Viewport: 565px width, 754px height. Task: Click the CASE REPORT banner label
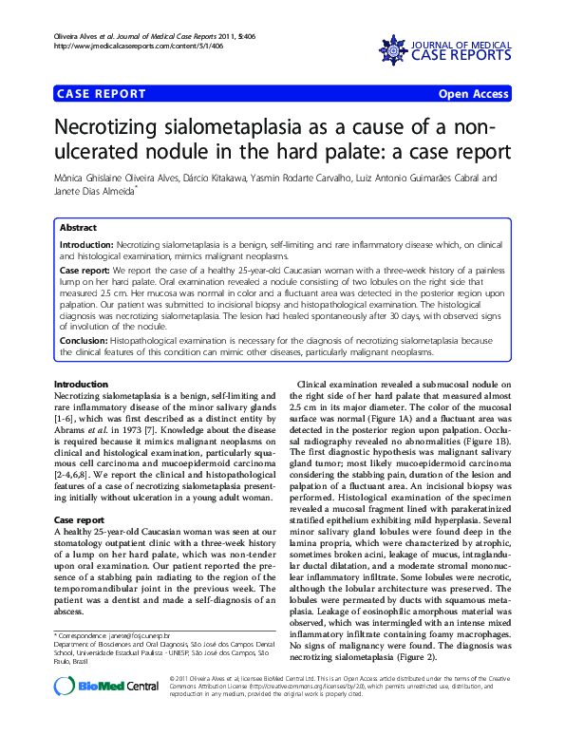tap(102, 94)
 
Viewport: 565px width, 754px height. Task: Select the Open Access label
tap(472, 94)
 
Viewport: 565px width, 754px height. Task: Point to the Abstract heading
tap(78, 229)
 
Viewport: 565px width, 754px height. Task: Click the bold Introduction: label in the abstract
tap(86, 245)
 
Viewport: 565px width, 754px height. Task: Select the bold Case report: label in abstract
tap(85, 271)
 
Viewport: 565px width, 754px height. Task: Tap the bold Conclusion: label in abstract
tap(84, 339)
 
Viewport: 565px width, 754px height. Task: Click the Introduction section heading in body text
tap(81, 385)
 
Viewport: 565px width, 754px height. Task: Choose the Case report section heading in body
tap(79, 521)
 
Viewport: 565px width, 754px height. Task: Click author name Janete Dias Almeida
tap(94, 191)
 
